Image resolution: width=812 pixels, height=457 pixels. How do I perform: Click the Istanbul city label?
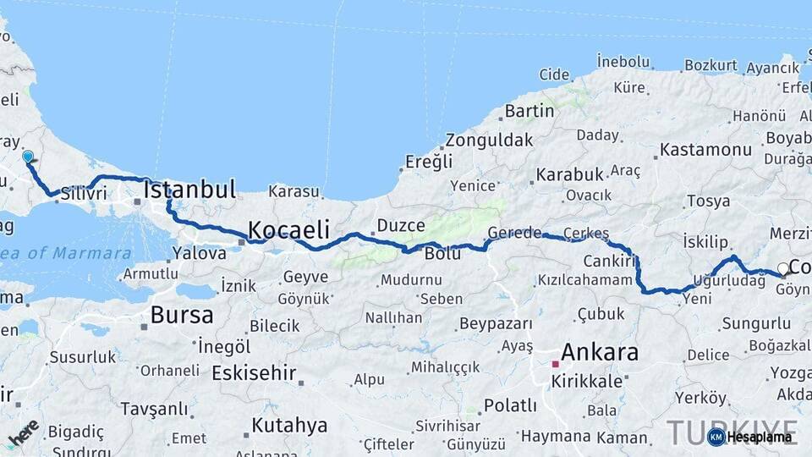(x=189, y=190)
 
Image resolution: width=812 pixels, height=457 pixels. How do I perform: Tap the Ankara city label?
(x=599, y=352)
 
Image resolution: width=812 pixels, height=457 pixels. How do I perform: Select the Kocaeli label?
(x=288, y=229)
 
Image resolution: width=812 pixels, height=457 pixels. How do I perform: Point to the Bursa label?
(x=182, y=316)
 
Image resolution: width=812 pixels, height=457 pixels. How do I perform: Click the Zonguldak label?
(x=490, y=140)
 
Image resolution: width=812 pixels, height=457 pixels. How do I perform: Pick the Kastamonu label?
(x=705, y=150)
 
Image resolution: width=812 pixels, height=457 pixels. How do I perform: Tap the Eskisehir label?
(x=254, y=372)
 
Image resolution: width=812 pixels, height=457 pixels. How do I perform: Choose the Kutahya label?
(x=289, y=425)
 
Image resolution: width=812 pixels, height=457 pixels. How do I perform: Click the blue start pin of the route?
(x=28, y=157)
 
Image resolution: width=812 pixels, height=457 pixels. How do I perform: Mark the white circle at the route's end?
(x=783, y=269)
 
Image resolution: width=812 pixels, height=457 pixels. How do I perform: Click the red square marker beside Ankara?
(x=556, y=364)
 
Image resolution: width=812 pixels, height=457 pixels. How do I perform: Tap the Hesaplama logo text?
(x=760, y=437)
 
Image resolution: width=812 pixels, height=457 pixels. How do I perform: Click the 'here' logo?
(x=23, y=432)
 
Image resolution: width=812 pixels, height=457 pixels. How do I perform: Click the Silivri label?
(x=84, y=193)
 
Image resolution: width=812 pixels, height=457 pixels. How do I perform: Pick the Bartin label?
(x=529, y=111)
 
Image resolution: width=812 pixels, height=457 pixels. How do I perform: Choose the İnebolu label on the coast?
(x=623, y=61)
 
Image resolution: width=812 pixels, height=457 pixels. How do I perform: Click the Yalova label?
(x=200, y=252)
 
